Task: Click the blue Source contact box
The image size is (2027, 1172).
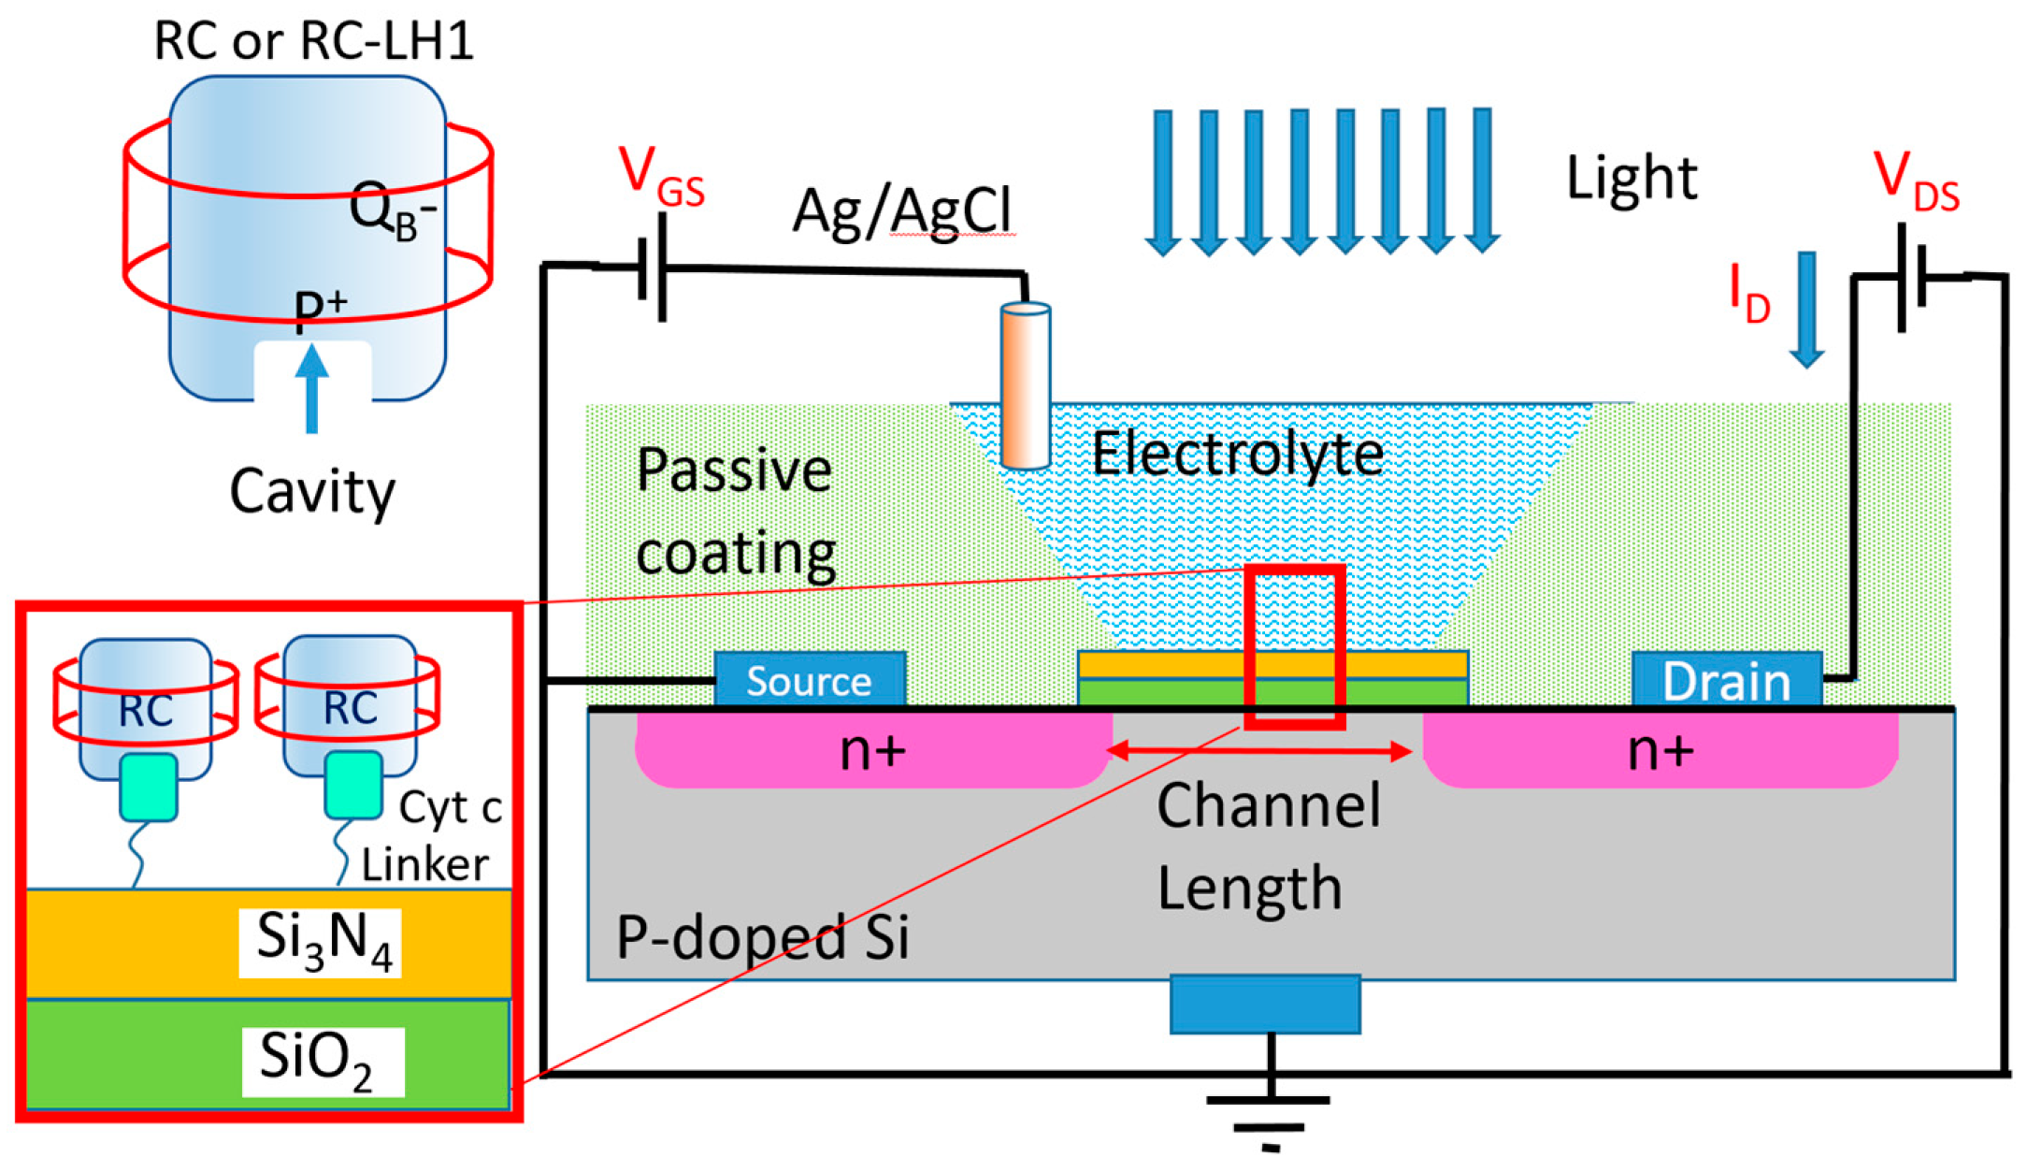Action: click(810, 679)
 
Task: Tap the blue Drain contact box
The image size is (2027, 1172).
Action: click(1726, 679)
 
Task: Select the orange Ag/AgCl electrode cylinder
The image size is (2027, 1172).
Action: click(1025, 385)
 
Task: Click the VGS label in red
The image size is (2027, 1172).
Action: click(660, 176)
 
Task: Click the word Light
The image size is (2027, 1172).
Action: click(1631, 178)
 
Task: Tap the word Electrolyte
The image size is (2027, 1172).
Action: click(1237, 455)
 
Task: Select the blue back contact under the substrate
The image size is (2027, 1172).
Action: click(1265, 1004)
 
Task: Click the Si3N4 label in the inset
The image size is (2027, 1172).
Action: click(321, 942)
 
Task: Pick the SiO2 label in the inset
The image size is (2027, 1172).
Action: click(321, 1061)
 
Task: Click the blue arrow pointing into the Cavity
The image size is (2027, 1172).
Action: click(311, 388)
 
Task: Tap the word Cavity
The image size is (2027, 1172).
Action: click(312, 491)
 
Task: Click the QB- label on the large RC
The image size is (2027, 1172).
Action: click(392, 211)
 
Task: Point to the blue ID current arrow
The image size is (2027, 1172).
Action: click(1806, 309)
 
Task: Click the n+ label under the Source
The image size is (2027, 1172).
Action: click(872, 750)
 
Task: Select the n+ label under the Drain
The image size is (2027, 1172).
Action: click(1660, 750)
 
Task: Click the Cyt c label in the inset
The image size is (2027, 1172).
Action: click(450, 807)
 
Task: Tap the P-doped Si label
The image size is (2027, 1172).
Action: click(762, 936)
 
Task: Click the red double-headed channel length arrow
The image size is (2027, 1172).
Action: click(1258, 750)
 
